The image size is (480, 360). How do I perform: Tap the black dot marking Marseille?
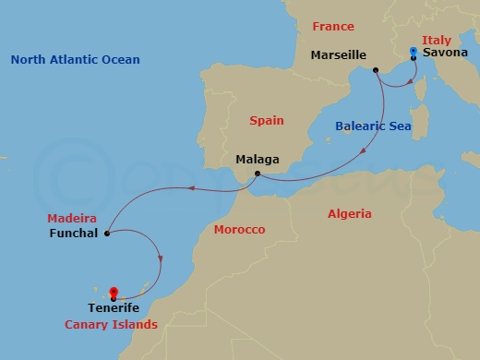pos(376,70)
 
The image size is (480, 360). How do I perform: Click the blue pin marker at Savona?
pos(413,53)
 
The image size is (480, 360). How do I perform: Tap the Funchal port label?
pos(72,234)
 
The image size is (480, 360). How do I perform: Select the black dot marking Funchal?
pos(108,234)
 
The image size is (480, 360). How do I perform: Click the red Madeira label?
pos(72,218)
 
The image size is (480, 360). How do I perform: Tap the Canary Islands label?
pos(111,325)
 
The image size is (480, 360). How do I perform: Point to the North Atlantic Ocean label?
pos(76,60)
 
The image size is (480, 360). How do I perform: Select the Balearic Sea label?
pos(373,126)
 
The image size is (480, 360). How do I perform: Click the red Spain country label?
pos(267,120)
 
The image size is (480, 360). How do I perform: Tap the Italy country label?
pos(436,40)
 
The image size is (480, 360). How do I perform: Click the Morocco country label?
pos(238,229)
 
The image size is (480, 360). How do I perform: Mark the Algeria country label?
pos(350,213)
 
